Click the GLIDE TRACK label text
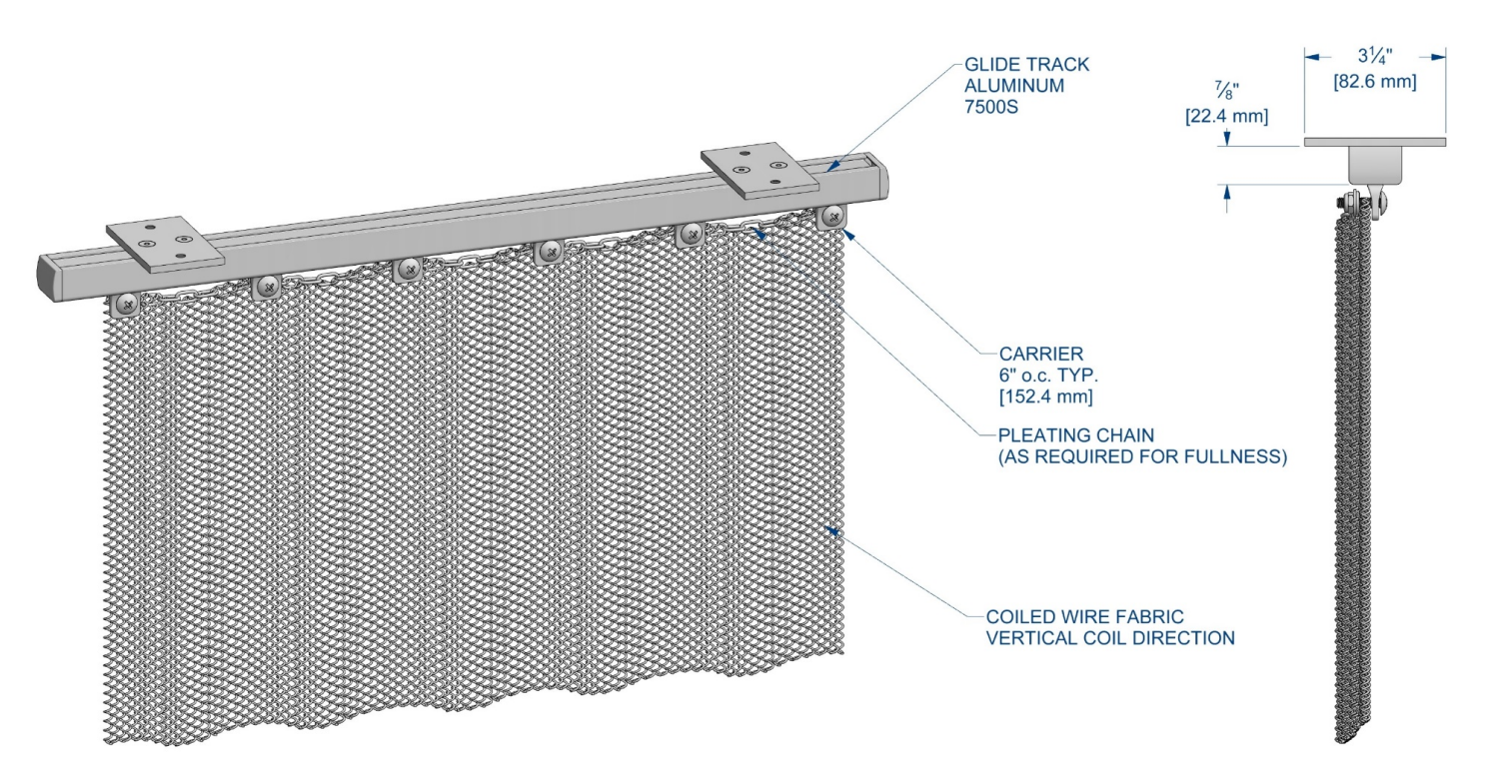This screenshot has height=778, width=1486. [1026, 64]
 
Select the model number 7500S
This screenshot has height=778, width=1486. [990, 107]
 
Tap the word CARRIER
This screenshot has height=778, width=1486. [1041, 354]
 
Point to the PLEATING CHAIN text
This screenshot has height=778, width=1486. [1076, 435]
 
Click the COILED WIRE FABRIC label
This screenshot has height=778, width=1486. [1084, 617]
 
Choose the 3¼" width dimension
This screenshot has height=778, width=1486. [1374, 56]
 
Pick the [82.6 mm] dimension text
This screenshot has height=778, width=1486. [1374, 82]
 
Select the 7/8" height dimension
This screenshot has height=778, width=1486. [1226, 90]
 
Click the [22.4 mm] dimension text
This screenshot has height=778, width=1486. [1226, 116]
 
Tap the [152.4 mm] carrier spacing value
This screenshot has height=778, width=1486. [1045, 396]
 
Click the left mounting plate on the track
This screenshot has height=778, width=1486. [165, 244]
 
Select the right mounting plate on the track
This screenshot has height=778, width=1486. [760, 171]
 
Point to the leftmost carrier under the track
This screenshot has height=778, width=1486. [126, 305]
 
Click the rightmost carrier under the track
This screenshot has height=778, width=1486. [831, 217]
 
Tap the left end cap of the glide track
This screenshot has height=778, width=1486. [50, 278]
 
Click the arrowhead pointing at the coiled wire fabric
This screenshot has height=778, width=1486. [831, 530]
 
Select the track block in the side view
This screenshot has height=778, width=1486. [1375, 166]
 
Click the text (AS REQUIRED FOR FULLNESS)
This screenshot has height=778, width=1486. [1142, 456]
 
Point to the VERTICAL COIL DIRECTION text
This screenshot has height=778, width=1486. [1110, 638]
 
